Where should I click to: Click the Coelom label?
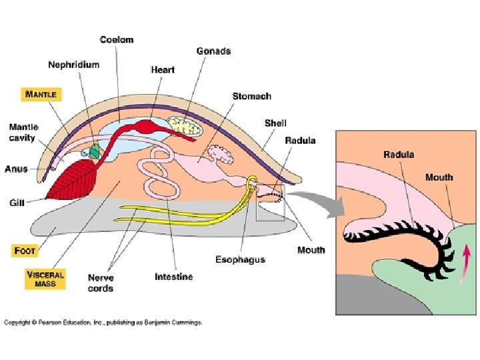(x=117, y=39)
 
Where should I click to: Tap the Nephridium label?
(x=73, y=65)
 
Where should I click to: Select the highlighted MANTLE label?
(x=41, y=95)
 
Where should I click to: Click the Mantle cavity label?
(x=23, y=132)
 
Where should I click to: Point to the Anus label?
(x=16, y=169)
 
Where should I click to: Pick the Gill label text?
(x=17, y=201)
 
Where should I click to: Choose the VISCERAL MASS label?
(x=45, y=279)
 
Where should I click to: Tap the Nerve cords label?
(x=101, y=283)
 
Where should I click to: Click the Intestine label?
(x=173, y=276)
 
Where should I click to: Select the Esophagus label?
(x=241, y=259)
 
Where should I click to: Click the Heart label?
(x=163, y=69)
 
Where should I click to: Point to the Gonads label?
(x=213, y=51)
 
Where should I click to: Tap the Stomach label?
(x=251, y=96)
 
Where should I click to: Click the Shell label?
(x=275, y=123)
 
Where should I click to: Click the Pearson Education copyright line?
(x=103, y=323)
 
